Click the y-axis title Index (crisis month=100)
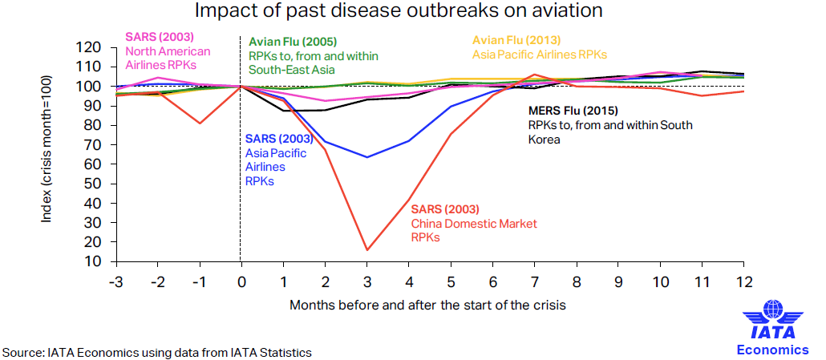[48, 149]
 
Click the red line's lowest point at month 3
[367, 250]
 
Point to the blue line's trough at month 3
[367, 157]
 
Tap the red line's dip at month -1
[200, 123]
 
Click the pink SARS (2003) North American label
[168, 51]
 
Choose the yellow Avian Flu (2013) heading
[516, 40]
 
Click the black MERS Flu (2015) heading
[573, 111]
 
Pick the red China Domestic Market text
[473, 224]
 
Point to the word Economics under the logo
[772, 350]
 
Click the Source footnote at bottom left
[156, 352]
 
